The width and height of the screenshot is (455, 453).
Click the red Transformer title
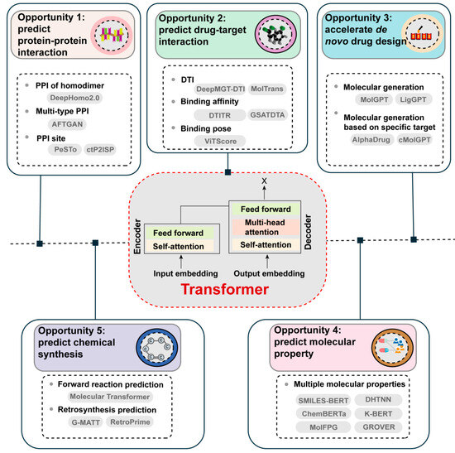[x=227, y=291]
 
